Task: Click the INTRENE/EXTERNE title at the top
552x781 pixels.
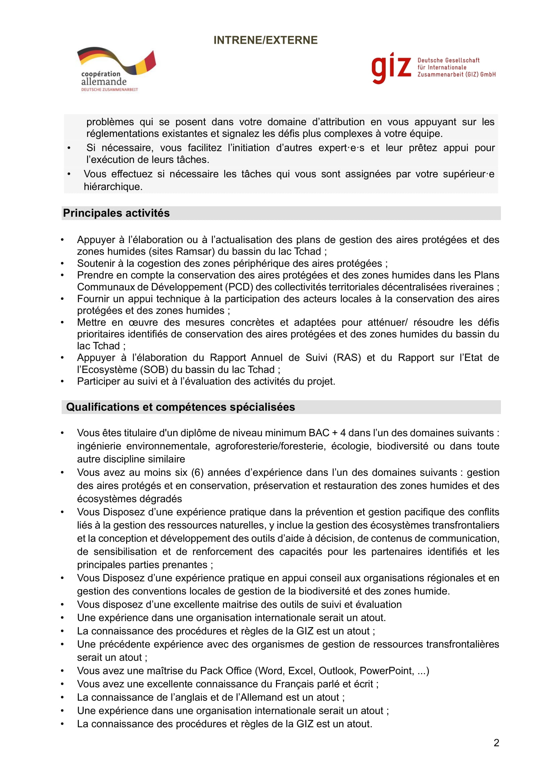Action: (x=265, y=40)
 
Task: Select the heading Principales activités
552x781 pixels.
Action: (x=116, y=213)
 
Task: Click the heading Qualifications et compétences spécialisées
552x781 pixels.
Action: (x=181, y=407)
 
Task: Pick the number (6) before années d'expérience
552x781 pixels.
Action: (x=198, y=472)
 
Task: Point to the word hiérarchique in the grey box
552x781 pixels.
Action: (x=113, y=187)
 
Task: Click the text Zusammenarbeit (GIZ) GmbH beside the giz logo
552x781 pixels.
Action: (x=457, y=74)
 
